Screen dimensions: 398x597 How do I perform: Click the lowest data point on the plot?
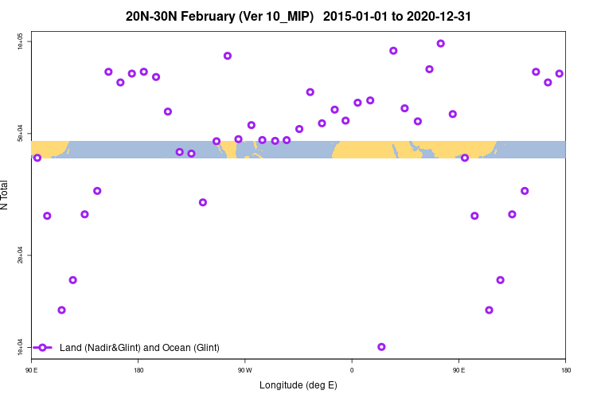tap(381, 347)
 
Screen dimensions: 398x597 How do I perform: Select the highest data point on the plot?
tap(441, 44)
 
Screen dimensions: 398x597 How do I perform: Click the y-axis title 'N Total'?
tap(6, 195)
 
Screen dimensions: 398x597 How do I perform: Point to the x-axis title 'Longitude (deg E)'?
tap(298, 385)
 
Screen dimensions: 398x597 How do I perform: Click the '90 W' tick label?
tap(244, 369)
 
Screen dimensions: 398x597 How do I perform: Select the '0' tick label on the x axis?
tap(352, 369)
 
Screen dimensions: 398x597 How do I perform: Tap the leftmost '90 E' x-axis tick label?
tap(31, 369)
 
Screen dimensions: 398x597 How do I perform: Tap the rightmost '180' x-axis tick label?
tap(565, 369)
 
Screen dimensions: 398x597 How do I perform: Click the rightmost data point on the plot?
tap(560, 74)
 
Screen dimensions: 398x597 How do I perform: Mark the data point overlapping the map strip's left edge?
tap(37, 158)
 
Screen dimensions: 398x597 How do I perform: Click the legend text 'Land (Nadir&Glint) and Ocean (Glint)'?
tap(139, 348)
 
